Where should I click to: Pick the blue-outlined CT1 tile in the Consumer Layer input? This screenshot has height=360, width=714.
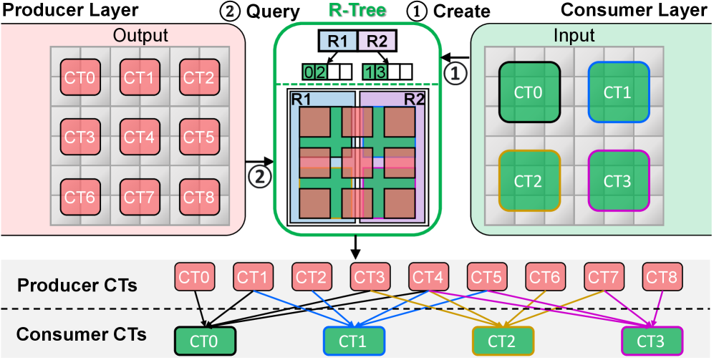tap(617, 92)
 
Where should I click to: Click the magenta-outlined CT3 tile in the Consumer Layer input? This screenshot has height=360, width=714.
tap(617, 180)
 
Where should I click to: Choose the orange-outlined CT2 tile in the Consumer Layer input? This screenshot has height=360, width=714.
tap(529, 180)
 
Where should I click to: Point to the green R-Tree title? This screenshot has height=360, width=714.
tap(355, 10)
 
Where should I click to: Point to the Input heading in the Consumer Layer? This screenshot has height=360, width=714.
tap(574, 36)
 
